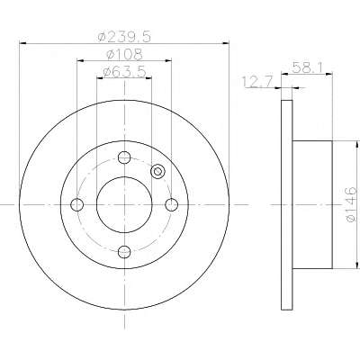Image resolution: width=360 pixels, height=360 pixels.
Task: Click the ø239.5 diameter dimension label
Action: click(x=124, y=37)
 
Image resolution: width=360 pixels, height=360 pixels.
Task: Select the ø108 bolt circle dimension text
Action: click(x=124, y=54)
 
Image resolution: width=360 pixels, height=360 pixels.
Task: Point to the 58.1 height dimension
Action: click(x=307, y=67)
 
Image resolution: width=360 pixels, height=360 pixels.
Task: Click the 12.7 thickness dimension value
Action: click(x=257, y=82)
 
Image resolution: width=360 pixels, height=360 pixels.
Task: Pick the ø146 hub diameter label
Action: click(x=351, y=204)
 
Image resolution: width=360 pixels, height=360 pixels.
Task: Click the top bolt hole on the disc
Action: click(x=124, y=157)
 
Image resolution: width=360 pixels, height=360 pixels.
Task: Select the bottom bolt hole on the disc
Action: click(x=124, y=251)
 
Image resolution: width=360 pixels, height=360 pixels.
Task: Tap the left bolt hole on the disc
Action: click(x=76, y=204)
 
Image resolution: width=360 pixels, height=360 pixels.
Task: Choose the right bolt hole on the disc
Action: click(x=172, y=204)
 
